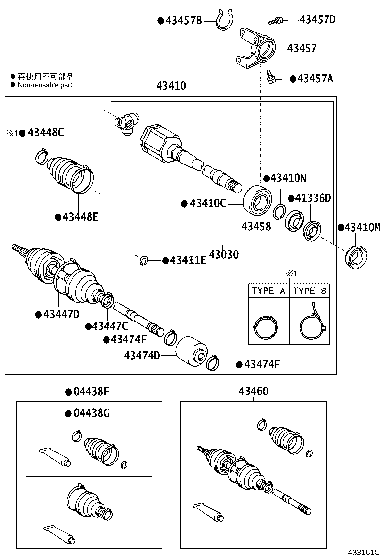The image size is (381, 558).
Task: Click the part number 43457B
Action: [x=183, y=21]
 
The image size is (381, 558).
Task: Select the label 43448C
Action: [x=46, y=133]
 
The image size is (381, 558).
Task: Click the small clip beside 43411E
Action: [x=144, y=260]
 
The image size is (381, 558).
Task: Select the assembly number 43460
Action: [x=253, y=391]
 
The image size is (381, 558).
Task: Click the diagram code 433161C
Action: [x=363, y=551]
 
